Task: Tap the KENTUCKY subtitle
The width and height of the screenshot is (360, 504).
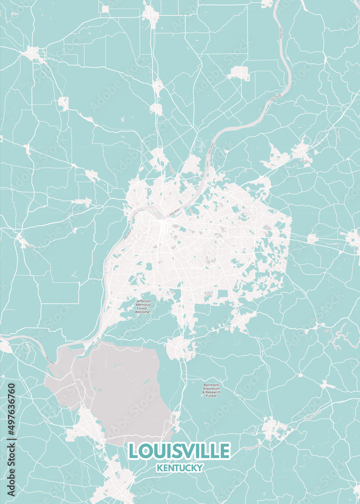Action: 179,468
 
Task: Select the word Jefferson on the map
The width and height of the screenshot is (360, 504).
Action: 143,301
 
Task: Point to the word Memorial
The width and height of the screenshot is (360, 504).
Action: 143,304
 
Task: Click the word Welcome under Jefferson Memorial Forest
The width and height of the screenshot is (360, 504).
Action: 143,312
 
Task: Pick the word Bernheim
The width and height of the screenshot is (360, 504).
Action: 212,385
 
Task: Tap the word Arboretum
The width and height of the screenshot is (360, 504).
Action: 212,389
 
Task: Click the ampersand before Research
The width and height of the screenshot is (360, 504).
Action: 204,393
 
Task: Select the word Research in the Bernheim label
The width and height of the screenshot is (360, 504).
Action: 214,393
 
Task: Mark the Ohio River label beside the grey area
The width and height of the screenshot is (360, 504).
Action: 49,359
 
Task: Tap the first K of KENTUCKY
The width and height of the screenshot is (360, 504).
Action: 159,468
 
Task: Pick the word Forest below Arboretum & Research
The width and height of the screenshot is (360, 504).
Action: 212,396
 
